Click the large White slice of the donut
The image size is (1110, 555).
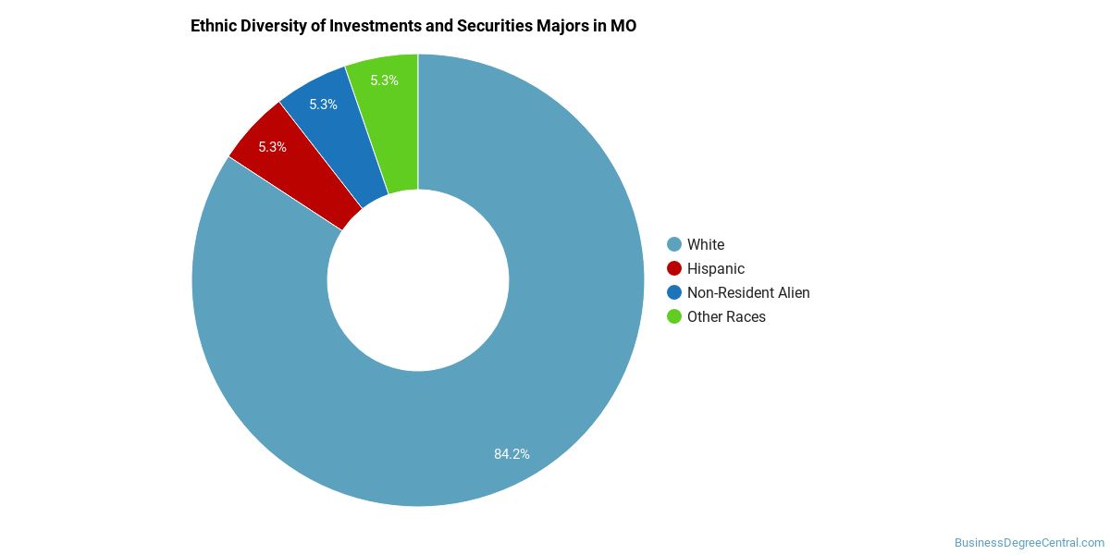pos(518,388)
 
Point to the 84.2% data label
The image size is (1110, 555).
pos(512,454)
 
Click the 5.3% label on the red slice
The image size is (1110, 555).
pos(272,147)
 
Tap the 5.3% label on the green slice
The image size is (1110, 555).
pos(384,80)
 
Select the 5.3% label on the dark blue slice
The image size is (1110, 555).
pos(323,105)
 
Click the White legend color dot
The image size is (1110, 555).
pos(674,244)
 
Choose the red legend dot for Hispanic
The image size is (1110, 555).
pos(674,268)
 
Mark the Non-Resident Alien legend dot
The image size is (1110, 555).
pos(674,292)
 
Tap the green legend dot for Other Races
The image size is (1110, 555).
pos(674,316)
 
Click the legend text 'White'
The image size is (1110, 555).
pos(706,244)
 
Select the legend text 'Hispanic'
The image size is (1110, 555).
pos(716,268)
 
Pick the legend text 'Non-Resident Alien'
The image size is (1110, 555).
pos(748,292)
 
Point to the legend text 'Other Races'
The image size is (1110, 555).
pos(726,316)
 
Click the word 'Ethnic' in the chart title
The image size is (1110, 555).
pos(213,26)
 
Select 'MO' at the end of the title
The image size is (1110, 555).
pos(623,26)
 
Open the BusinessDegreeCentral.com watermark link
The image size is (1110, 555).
pos(1030,543)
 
